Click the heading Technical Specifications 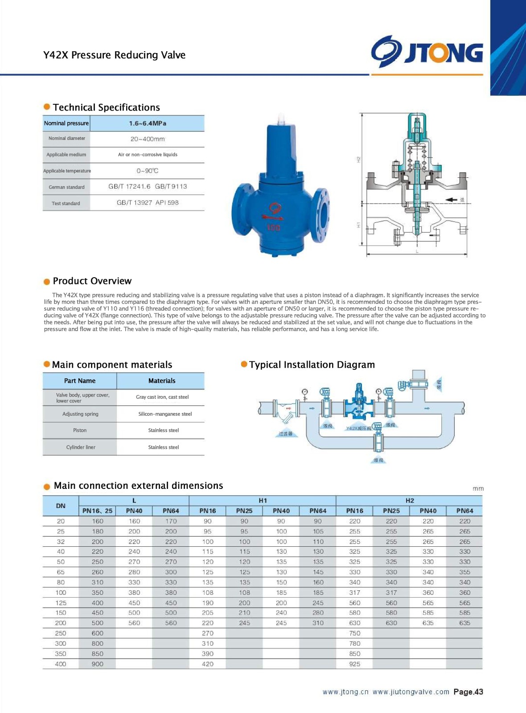tap(106, 107)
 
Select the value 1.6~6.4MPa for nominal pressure tap(148, 123)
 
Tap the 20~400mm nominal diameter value tap(148, 139)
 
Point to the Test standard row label tap(66, 203)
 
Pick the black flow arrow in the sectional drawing tap(452, 200)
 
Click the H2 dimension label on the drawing tap(358, 159)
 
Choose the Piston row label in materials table tap(80, 430)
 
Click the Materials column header tap(162, 381)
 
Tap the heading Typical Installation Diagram tap(312, 365)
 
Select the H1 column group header tap(263, 500)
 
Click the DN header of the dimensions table tap(61, 506)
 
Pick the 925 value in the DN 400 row tap(355, 664)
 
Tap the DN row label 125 tap(61, 603)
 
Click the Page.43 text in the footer tap(468, 692)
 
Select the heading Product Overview tap(92, 281)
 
